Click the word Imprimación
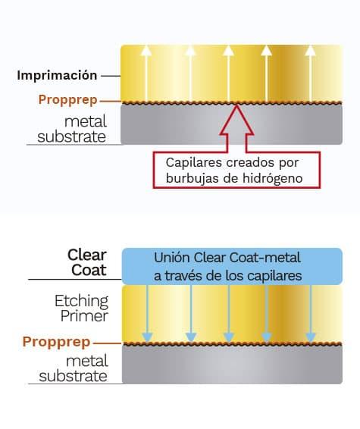pos(57,76)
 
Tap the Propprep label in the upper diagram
pos(68,100)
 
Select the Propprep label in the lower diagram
pos(56,342)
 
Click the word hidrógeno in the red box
pos(273,178)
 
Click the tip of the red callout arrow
pos(237,105)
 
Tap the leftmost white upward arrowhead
pos(146,51)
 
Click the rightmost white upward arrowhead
pos(310,51)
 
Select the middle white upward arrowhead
pos(228,51)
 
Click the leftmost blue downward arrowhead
pos(147,337)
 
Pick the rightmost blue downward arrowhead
pos(311,337)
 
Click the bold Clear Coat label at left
pos(87,263)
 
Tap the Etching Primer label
pos(82,308)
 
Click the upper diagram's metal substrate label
pos(72,129)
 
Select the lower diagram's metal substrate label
pos(74,368)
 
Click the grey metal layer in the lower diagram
pos(232,365)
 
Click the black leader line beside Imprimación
pos(111,76)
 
